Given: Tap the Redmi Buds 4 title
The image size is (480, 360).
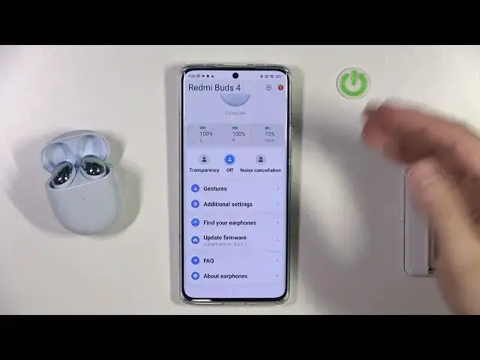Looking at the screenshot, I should [214, 88].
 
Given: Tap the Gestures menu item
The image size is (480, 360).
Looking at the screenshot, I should [215, 189].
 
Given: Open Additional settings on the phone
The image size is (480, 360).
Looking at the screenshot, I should [227, 204].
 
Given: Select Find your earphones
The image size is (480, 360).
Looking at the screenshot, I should [229, 223].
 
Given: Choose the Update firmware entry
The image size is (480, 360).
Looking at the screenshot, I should [224, 238].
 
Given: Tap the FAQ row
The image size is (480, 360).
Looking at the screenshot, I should [208, 261].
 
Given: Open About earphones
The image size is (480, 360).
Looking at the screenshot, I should [225, 276].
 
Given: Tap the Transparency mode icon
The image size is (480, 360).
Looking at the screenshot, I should [203, 159].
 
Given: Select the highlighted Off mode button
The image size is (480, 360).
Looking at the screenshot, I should [229, 159].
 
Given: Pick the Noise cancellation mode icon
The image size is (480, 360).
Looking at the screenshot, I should [259, 159].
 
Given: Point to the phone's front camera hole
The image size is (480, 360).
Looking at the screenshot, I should [235, 76].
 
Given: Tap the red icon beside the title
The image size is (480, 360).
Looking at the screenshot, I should [280, 88].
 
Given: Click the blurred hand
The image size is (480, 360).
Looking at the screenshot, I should [394, 127].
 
